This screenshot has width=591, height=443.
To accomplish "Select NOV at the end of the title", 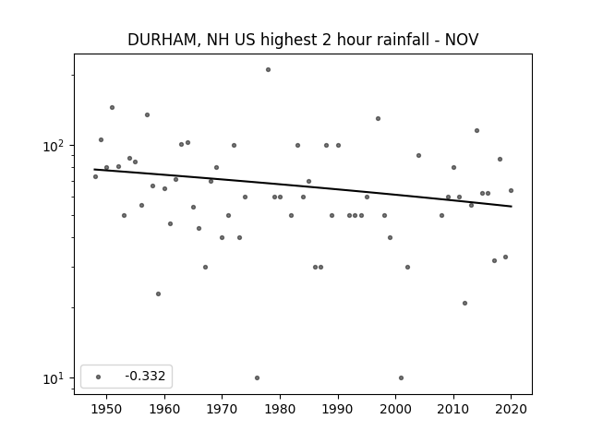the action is pyautogui.click(x=462, y=40).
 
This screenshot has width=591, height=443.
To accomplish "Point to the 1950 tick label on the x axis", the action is pyautogui.click(x=107, y=409).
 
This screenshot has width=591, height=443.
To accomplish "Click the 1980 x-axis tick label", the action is pyautogui.click(x=280, y=409).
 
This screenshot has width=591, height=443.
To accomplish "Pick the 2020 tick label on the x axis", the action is pyautogui.click(x=511, y=409).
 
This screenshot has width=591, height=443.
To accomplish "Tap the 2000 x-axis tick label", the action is pyautogui.click(x=396, y=409).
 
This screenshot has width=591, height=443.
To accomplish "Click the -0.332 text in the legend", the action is pyautogui.click(x=145, y=376).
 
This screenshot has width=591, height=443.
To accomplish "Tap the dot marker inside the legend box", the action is pyautogui.click(x=99, y=377).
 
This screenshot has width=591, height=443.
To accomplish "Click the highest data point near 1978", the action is pyautogui.click(x=268, y=70).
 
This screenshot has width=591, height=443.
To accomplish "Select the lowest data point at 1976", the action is pyautogui.click(x=257, y=377).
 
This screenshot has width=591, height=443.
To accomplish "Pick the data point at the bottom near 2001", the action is pyautogui.click(x=401, y=377).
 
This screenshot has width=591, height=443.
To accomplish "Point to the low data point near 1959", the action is pyautogui.click(x=158, y=293).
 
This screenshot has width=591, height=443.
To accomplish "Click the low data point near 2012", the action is pyautogui.click(x=464, y=304).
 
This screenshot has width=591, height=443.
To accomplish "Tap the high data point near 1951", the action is pyautogui.click(x=112, y=108).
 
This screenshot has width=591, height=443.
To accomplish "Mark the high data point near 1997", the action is pyautogui.click(x=378, y=119).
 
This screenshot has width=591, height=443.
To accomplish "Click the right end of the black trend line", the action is pyautogui.click(x=512, y=207).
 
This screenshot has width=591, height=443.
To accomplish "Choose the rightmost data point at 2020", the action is pyautogui.click(x=511, y=191).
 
